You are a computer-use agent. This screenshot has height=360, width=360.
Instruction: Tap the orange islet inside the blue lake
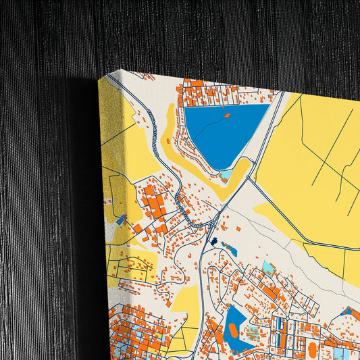point(226,115)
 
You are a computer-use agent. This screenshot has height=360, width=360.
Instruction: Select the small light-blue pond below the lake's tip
point(226,174)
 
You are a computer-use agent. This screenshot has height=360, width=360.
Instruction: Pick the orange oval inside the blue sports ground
point(233,330)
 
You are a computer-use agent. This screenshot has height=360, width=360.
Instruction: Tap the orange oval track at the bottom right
point(313,349)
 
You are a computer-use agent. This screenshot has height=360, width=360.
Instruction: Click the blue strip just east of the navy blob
point(230,250)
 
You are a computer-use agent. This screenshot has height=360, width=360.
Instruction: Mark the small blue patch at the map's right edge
point(350,311)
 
